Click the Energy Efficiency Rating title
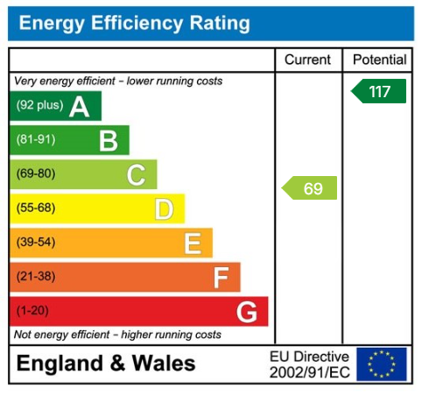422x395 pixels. coord(134,23)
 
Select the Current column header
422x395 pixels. coord(308,60)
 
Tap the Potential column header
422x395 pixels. coord(379,60)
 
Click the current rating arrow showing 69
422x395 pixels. coord(310,188)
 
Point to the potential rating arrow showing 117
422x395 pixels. coord(379,91)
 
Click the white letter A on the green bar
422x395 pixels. coord(80,107)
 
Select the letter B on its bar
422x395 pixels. coord(108,140)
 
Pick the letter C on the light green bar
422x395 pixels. coord(136,174)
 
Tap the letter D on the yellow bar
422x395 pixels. coord(164,208)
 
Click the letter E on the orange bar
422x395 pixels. coord(193,243)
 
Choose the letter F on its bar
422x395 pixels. coord(221,278)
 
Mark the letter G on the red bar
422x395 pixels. coord(247,312)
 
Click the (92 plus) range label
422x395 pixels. coord(39,107)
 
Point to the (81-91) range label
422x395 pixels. coord(35,140)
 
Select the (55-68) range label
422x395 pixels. coord(35,208)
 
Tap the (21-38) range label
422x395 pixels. coord(35,278)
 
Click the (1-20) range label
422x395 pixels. coord(32,312)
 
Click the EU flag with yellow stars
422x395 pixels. coord(382,363)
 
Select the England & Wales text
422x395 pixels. coord(106,363)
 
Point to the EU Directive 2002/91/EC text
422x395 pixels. coord(309,364)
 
